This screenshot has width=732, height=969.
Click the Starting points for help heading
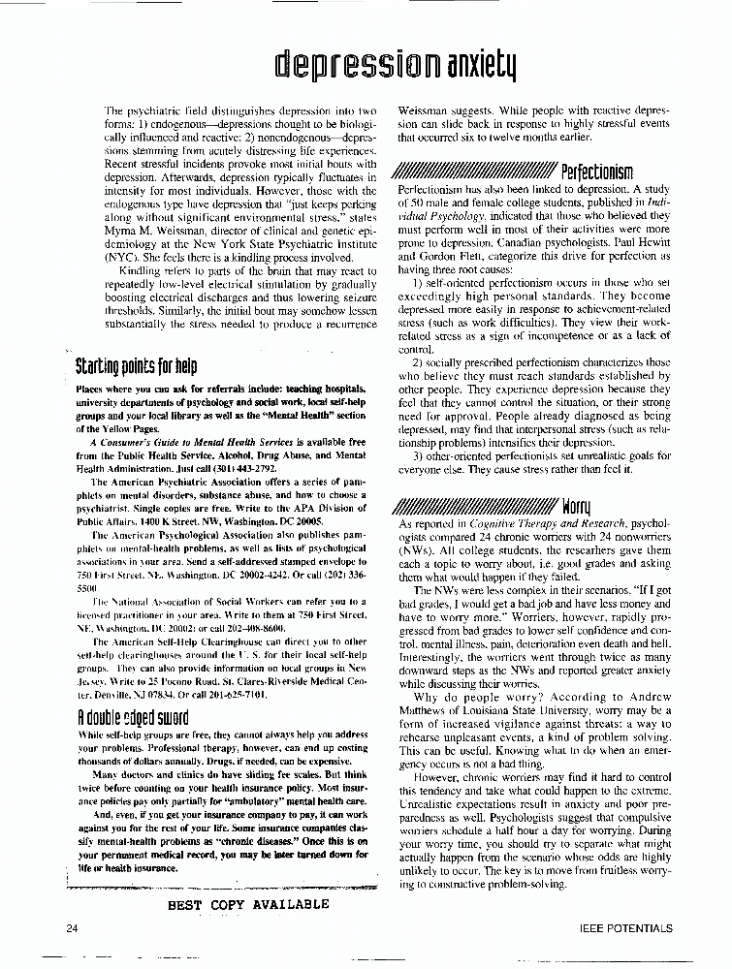point(136,367)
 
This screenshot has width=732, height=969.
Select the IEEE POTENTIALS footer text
point(624,928)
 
